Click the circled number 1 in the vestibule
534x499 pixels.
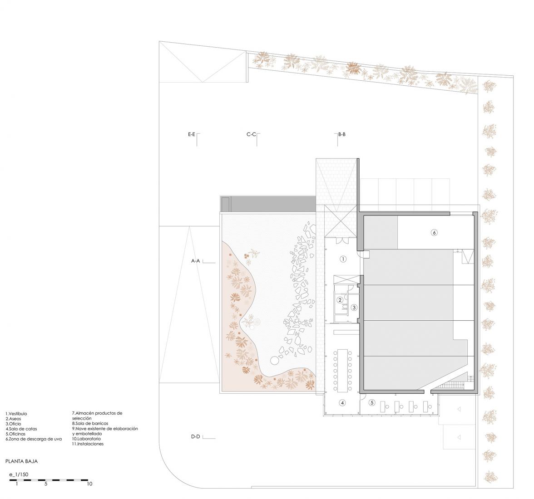[343, 259]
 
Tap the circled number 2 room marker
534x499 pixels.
[340, 300]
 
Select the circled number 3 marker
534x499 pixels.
[354, 308]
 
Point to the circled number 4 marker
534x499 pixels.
[342, 403]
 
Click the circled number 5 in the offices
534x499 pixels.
[372, 403]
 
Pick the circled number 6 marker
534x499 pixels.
[434, 233]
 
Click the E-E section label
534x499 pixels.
[192, 134]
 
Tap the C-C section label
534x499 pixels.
[251, 134]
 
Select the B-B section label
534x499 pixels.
[342, 134]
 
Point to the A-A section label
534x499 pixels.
[195, 261]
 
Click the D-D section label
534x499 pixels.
[195, 437]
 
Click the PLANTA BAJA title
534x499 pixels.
[21, 462]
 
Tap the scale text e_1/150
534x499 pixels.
[19, 475]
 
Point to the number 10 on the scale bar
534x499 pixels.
[89, 484]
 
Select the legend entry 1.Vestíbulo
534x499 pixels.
[16, 414]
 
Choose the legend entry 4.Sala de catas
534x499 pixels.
[21, 429]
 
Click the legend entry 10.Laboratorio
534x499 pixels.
[86, 439]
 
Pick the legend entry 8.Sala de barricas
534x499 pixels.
[90, 424]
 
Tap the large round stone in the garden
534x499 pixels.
[274, 361]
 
